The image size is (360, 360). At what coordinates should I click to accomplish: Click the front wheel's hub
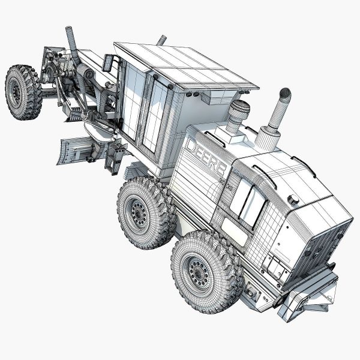click(x=17, y=92)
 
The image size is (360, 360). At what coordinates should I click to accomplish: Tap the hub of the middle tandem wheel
click(x=139, y=214)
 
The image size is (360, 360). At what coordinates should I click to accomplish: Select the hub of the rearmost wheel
click(x=198, y=274)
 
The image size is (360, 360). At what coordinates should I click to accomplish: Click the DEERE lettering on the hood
click(x=206, y=158)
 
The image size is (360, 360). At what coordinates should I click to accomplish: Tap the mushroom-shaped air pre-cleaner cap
click(x=239, y=109)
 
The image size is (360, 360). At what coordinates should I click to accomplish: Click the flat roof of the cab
click(x=186, y=67)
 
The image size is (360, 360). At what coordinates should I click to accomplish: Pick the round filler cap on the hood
click(x=293, y=199)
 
